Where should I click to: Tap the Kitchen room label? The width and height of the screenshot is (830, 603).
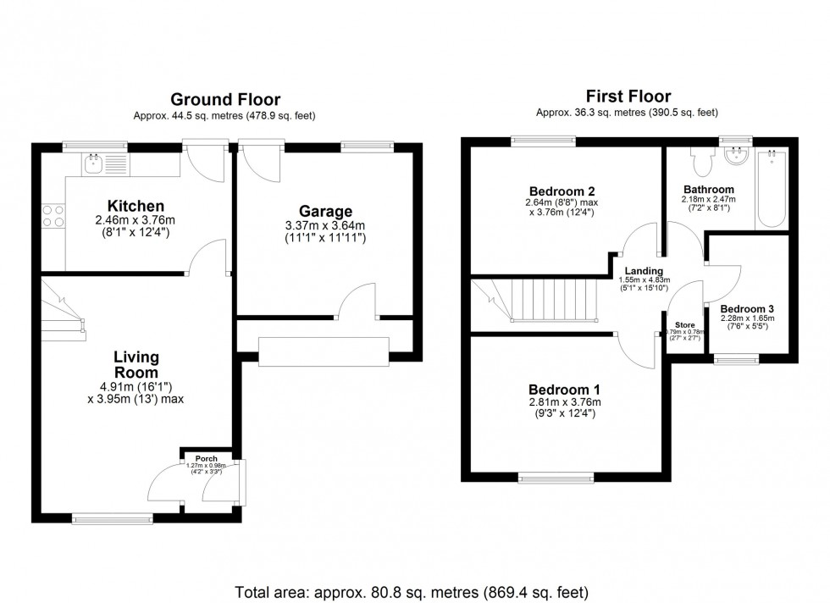(136, 207)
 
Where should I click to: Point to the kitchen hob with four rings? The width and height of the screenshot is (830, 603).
(53, 217)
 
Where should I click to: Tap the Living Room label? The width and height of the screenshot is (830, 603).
(136, 365)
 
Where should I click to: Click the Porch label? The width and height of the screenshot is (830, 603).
(206, 458)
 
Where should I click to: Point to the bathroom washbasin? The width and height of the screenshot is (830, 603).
(739, 156)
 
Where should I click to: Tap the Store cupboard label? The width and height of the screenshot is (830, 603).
(684, 324)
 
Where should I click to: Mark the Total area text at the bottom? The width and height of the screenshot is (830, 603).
(411, 591)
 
